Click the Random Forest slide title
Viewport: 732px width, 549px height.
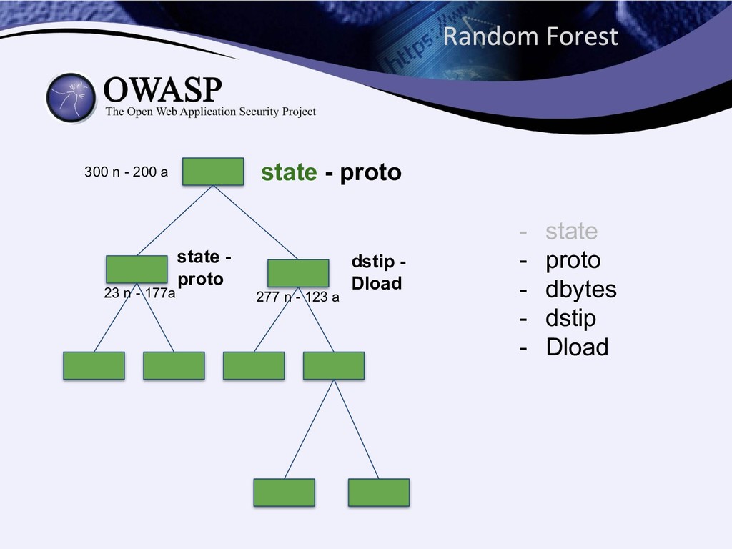coord(530,36)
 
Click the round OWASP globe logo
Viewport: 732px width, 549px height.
coord(71,98)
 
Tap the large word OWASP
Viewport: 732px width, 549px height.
coord(162,89)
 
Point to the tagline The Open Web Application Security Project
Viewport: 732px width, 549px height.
coord(211,112)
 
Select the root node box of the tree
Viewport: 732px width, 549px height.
coord(213,172)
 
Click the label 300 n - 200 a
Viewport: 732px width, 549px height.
coord(126,172)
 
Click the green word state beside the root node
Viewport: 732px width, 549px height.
coord(289,172)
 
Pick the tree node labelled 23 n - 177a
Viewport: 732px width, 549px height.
coord(137,269)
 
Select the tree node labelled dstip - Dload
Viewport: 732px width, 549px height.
coord(298,273)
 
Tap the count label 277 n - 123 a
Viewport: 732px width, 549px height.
coord(298,297)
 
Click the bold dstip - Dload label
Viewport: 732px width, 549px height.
coord(378,272)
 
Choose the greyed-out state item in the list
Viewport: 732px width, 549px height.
coord(571,231)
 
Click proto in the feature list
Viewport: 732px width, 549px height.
coord(573,260)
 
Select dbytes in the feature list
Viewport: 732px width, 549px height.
coord(581,290)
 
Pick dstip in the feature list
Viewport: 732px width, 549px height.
coord(571,318)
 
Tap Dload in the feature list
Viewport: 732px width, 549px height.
coord(578,347)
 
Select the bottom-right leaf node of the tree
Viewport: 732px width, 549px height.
coord(379,493)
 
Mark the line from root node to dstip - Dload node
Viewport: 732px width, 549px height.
coord(255,222)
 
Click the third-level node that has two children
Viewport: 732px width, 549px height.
coord(334,365)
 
